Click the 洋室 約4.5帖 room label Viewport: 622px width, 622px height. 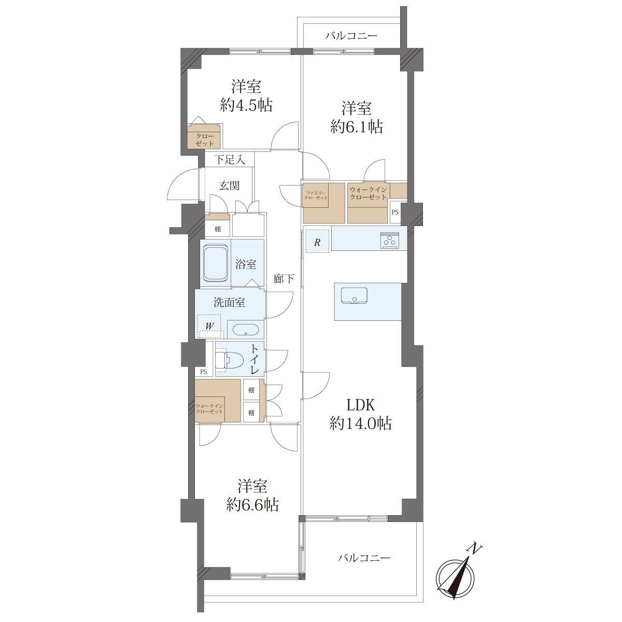tap(246, 96)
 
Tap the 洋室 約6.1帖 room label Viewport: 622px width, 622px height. tap(357, 117)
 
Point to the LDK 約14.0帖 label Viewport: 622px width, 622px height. tap(361, 414)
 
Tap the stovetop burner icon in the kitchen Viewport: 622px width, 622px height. tap(390, 241)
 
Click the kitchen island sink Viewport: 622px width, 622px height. tap(354, 295)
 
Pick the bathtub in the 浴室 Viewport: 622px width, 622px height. tap(216, 263)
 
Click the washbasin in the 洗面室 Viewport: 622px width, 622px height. tap(245, 330)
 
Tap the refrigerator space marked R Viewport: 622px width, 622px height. tap(318, 241)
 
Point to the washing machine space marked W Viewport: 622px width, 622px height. tap(209, 326)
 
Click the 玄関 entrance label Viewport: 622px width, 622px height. tap(230, 186)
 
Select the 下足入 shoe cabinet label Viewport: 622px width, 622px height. tap(230, 160)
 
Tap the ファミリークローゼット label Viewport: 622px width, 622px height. tap(316, 195)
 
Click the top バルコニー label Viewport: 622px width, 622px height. tap(351, 36)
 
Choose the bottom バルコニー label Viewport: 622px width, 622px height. tap(364, 557)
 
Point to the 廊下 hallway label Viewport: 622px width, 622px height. tap(284, 278)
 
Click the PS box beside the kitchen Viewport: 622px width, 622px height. tap(395, 212)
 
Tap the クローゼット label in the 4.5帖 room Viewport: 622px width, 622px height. tap(205, 140)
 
